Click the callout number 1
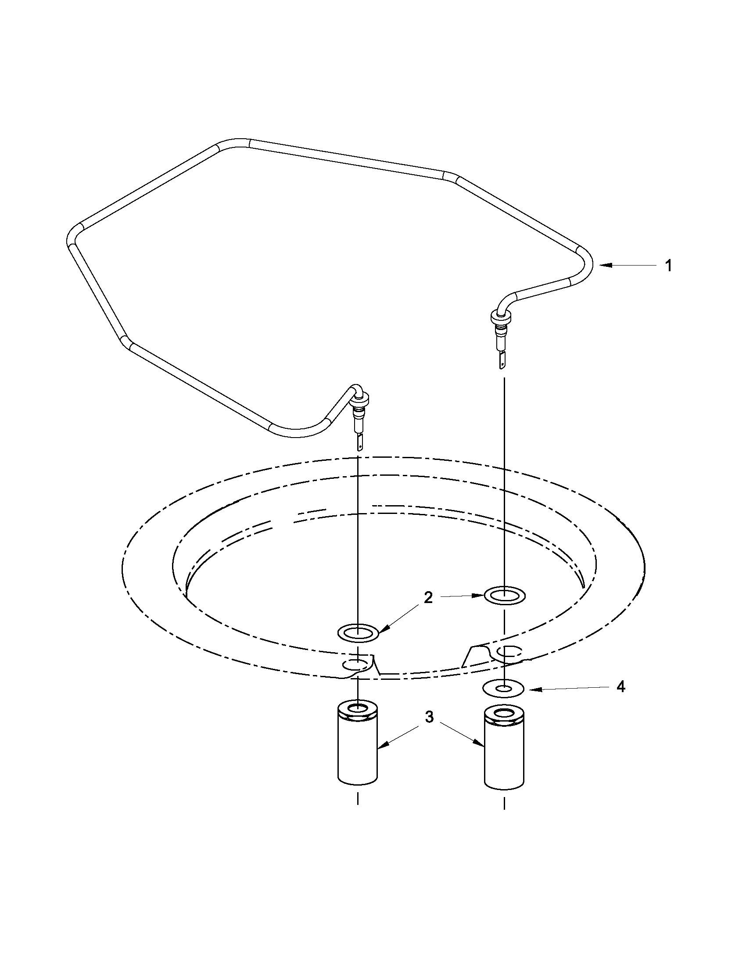pyautogui.click(x=669, y=266)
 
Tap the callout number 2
pyautogui.click(x=428, y=598)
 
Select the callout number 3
pyautogui.click(x=429, y=718)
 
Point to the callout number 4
pyautogui.click(x=621, y=687)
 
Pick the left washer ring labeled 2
pyautogui.click(x=358, y=632)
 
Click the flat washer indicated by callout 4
pyautogui.click(x=504, y=689)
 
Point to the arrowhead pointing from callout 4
pyautogui.click(x=530, y=689)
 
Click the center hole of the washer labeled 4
pyautogui.click(x=504, y=689)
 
